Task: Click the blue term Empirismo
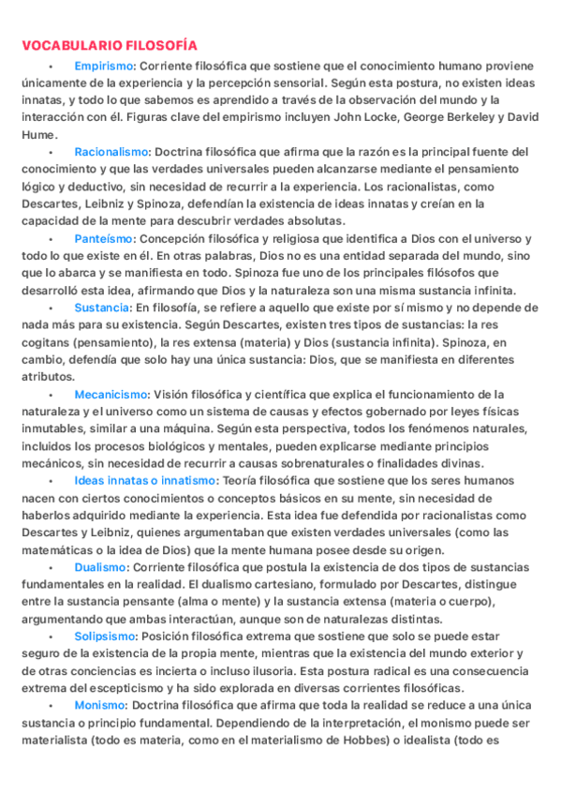click(104, 67)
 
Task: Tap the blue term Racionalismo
click(111, 152)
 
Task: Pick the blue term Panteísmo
click(104, 239)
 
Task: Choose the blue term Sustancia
click(101, 307)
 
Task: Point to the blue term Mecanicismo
click(111, 395)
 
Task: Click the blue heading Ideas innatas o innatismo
click(144, 481)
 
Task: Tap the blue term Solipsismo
click(105, 637)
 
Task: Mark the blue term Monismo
click(99, 705)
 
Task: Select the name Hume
click(37, 134)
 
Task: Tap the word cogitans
click(45, 342)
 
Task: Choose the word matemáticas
click(58, 550)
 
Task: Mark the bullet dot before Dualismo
click(51, 568)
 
